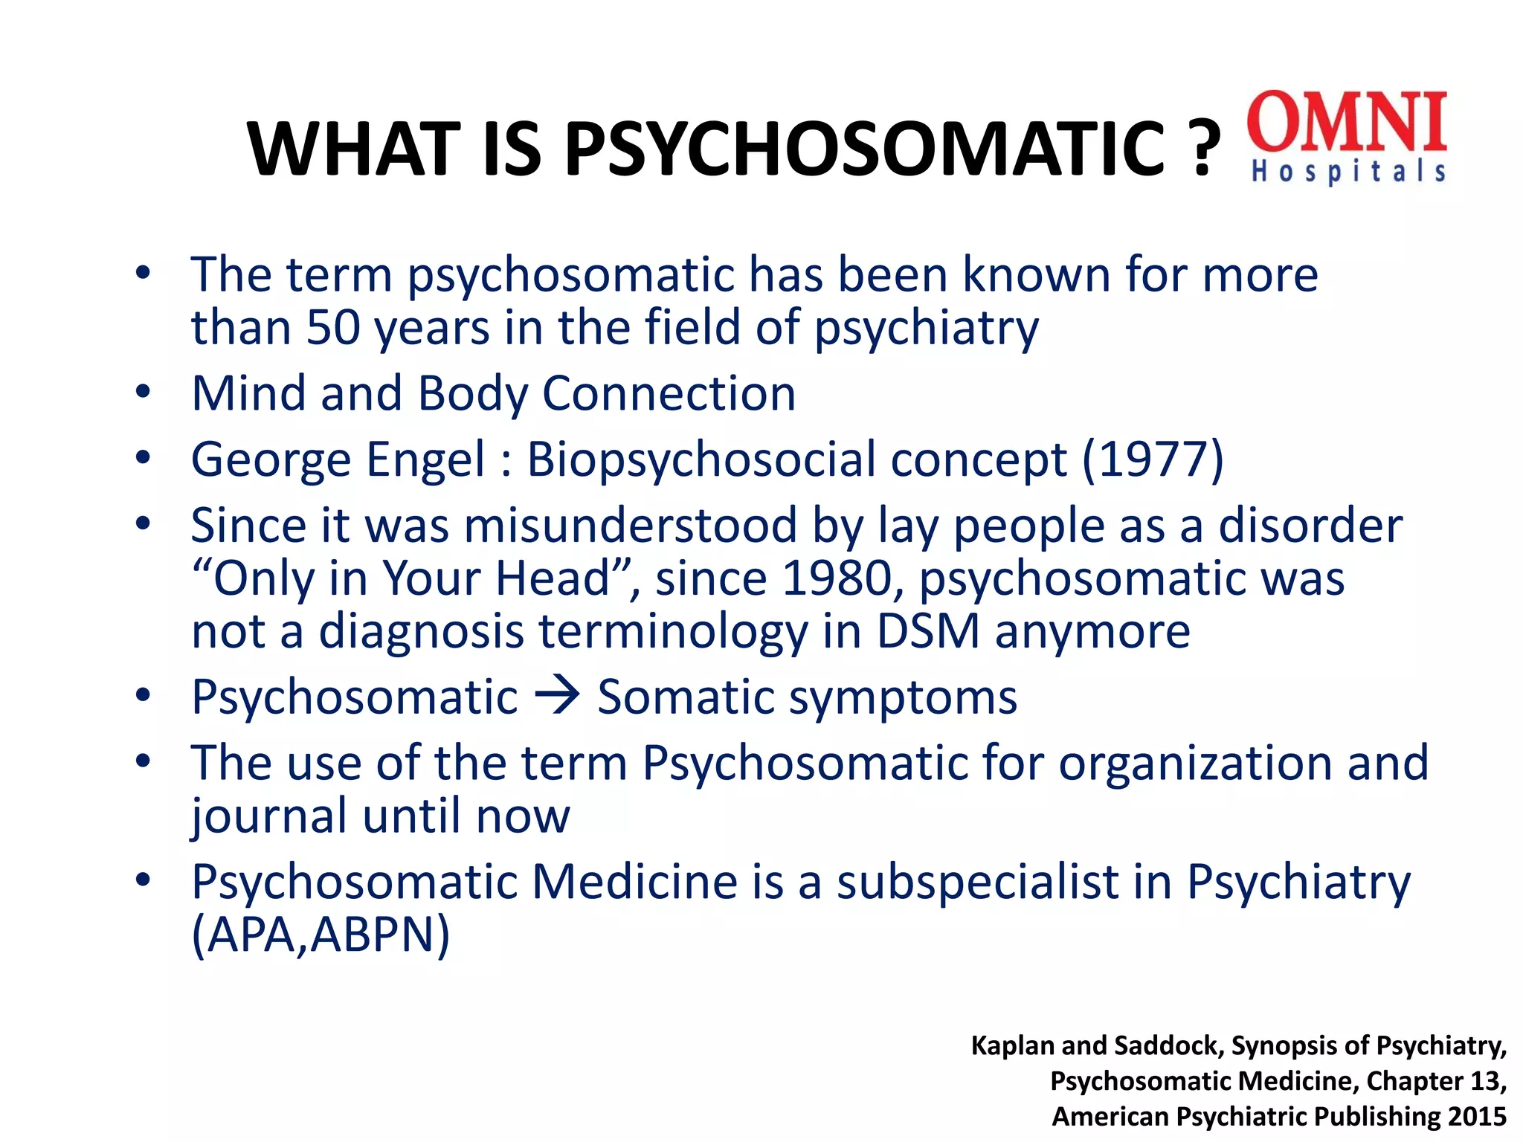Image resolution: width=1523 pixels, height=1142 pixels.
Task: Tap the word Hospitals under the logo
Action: (1347, 171)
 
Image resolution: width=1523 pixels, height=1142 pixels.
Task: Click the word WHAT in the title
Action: (354, 149)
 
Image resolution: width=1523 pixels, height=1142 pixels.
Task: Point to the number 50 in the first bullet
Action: (334, 327)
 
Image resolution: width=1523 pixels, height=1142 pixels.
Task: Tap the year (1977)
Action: (1153, 459)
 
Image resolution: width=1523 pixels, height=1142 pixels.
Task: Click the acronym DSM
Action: (928, 631)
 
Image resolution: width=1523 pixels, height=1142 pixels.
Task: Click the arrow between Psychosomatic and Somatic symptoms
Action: (558, 697)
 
